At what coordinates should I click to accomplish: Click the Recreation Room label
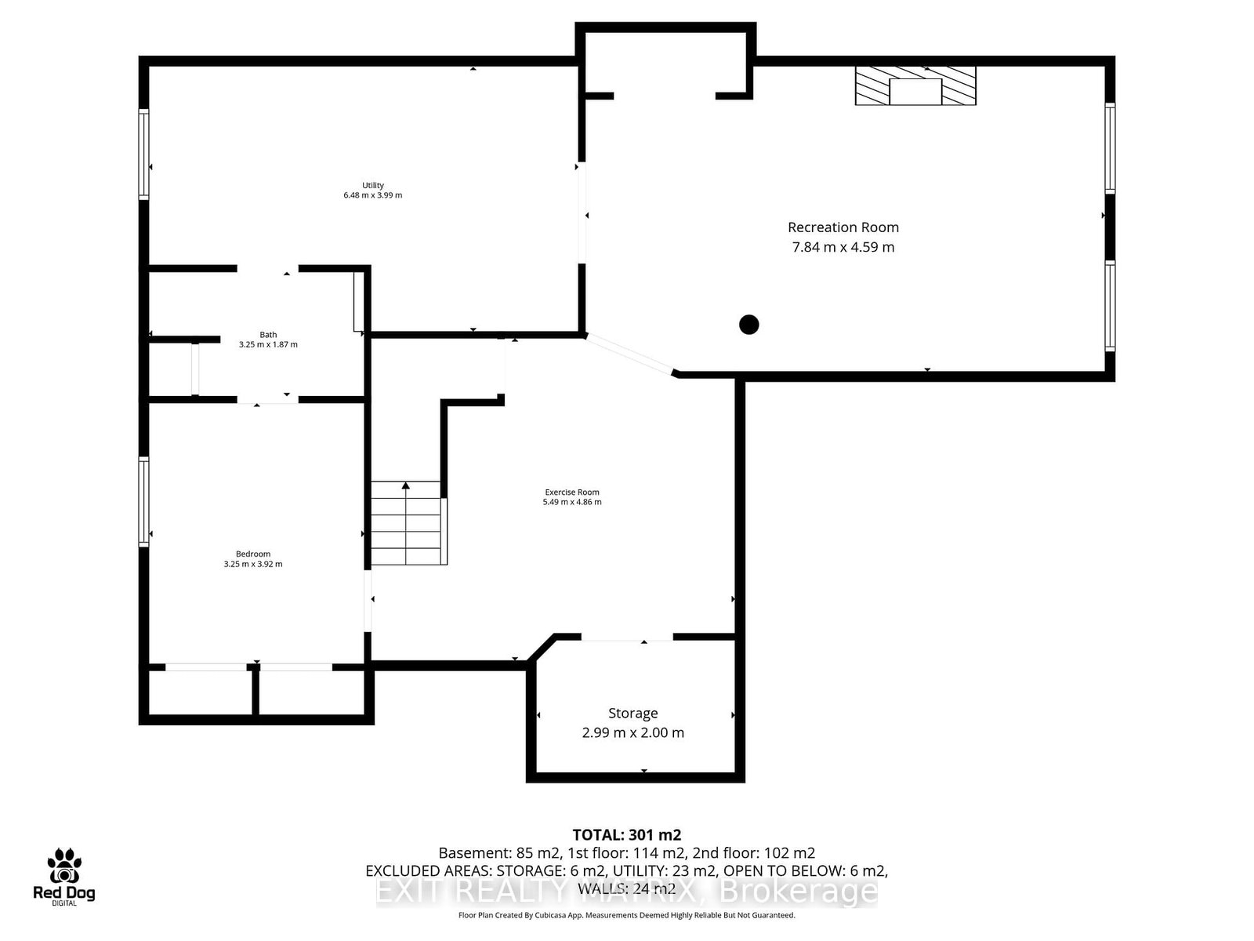(x=843, y=227)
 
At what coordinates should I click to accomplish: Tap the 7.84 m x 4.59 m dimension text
(x=843, y=247)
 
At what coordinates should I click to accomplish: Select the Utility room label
(x=373, y=186)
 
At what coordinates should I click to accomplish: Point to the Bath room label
(x=268, y=335)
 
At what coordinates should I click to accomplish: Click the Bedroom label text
(x=253, y=554)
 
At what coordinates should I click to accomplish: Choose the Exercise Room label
(x=572, y=492)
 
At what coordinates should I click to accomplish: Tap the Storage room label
(x=632, y=714)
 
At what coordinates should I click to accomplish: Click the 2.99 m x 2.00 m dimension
(x=632, y=733)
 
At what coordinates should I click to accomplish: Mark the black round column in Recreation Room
(x=749, y=324)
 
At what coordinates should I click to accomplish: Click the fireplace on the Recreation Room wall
(x=915, y=86)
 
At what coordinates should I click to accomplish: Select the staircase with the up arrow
(x=406, y=523)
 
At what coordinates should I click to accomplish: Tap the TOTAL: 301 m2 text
(x=626, y=835)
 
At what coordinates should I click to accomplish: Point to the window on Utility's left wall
(x=144, y=154)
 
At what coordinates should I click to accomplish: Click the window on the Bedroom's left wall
(x=144, y=502)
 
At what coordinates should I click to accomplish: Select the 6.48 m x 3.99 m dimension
(x=373, y=195)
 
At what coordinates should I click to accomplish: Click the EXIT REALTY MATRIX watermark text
(x=627, y=892)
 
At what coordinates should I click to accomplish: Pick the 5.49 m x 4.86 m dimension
(x=572, y=502)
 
